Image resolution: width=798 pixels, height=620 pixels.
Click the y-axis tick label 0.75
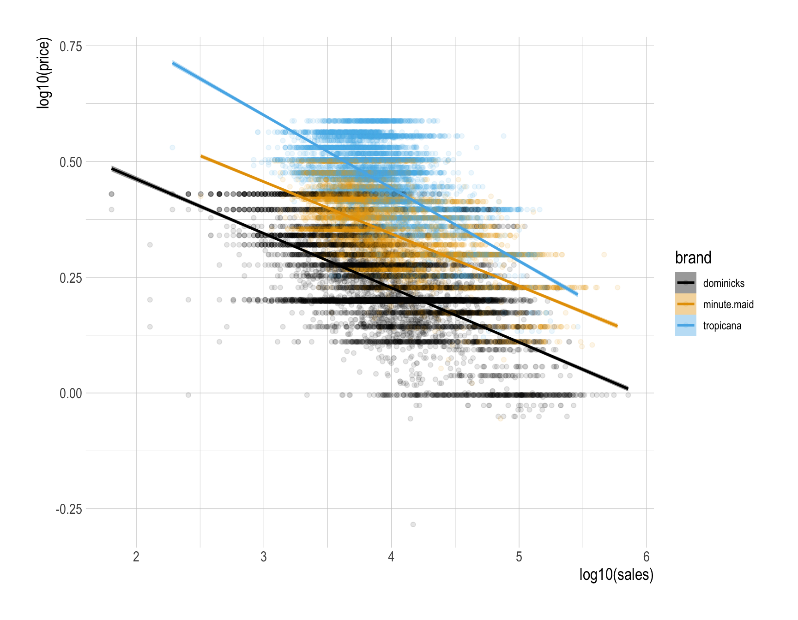click(x=71, y=46)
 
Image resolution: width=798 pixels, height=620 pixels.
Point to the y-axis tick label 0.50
click(x=71, y=162)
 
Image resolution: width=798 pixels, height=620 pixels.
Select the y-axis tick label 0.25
click(x=71, y=278)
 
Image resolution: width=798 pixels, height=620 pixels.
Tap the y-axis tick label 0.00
click(x=71, y=393)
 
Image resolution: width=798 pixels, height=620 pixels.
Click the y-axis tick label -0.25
click(x=69, y=509)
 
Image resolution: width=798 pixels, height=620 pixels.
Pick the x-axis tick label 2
click(x=136, y=557)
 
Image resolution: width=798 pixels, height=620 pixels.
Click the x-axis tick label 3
click(x=264, y=557)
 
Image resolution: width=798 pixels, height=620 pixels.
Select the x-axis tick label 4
click(x=391, y=557)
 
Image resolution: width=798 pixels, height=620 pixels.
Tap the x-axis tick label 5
click(x=519, y=557)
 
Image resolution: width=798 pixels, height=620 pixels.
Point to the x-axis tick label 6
click(x=647, y=557)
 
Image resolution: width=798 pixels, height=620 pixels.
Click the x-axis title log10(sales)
click(x=616, y=575)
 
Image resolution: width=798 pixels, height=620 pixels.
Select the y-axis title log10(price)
click(x=43, y=73)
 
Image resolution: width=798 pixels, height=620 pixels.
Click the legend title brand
click(x=693, y=257)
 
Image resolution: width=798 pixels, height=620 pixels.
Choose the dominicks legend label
click(x=724, y=283)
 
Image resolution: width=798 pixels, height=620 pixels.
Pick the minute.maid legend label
click(x=728, y=304)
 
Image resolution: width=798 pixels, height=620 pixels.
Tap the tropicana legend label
click(x=722, y=326)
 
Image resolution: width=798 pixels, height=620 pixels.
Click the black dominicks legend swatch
click(x=685, y=283)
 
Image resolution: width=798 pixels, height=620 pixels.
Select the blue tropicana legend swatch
click(x=685, y=325)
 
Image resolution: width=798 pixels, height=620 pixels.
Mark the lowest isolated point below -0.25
click(x=413, y=525)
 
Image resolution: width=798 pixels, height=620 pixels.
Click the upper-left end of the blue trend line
click(x=173, y=63)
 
